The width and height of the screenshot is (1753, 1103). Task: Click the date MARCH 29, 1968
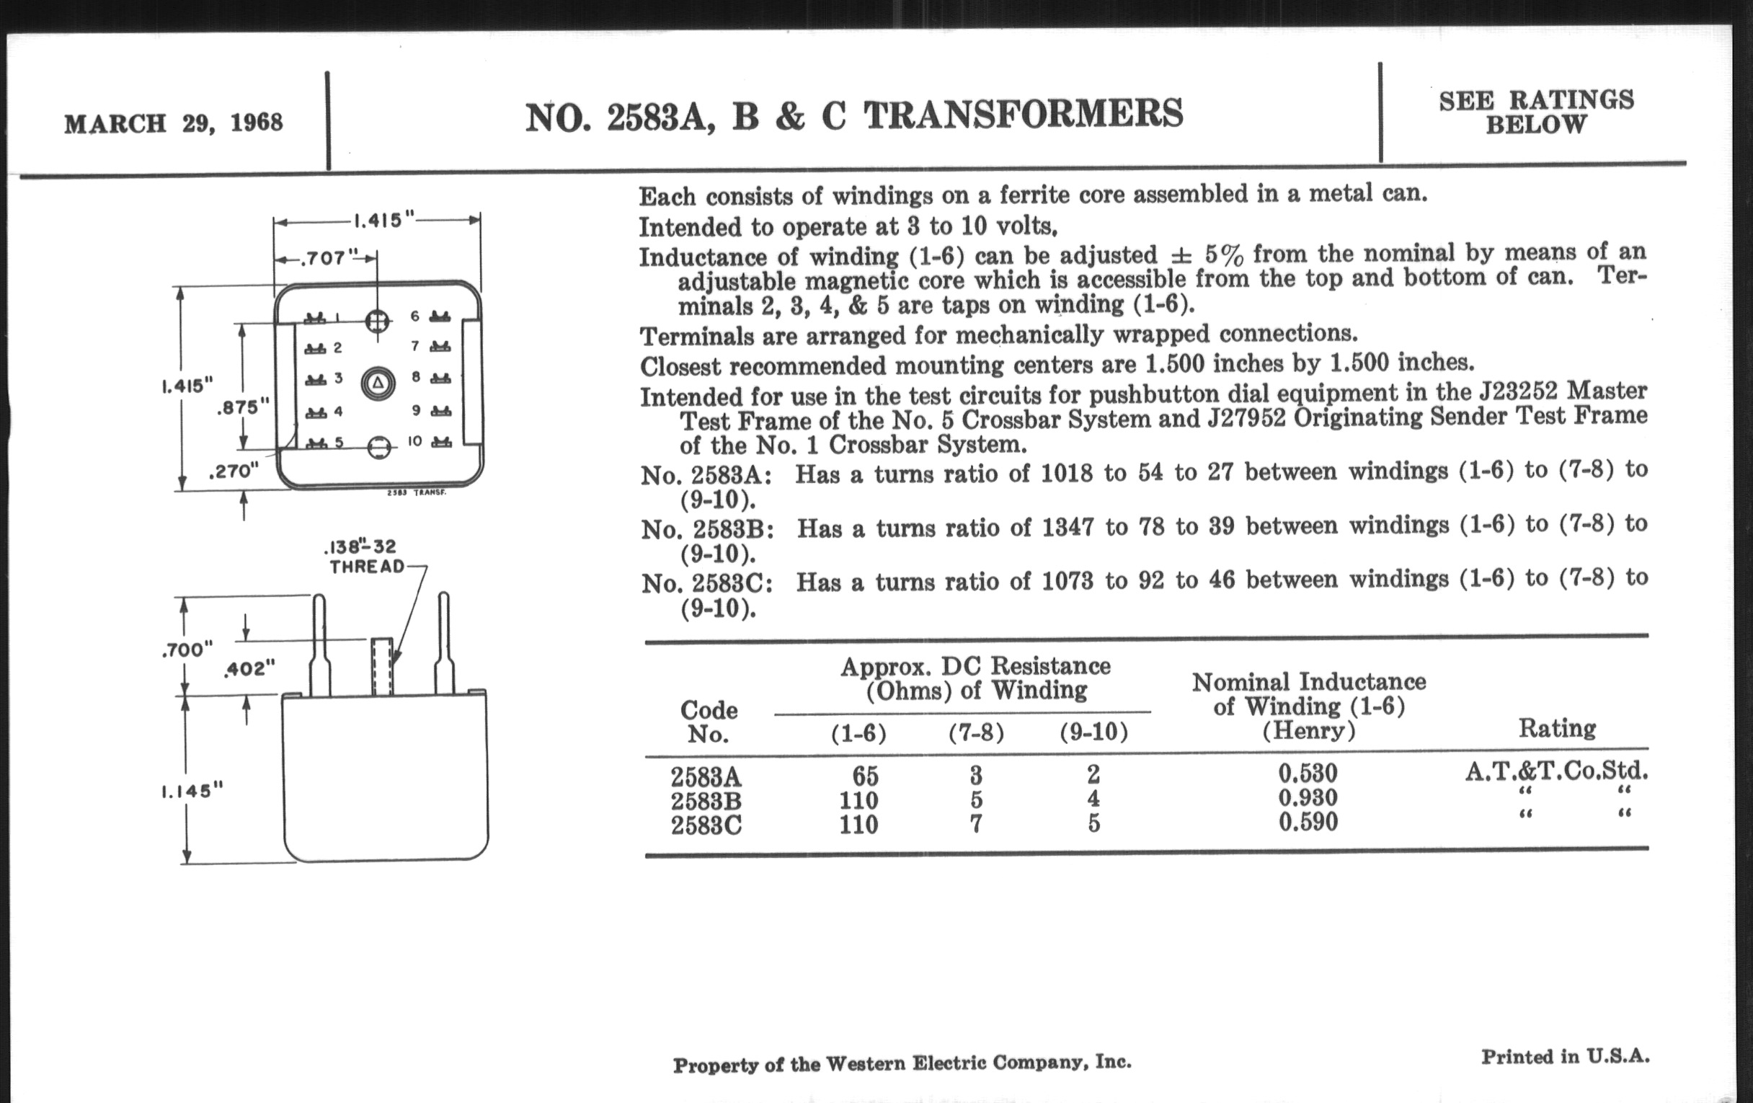173,123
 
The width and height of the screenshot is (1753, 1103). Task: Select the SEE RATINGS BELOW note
1536,112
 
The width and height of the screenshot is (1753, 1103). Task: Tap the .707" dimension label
324,258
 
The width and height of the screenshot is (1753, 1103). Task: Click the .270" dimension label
234,471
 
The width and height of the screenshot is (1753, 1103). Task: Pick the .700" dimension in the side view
187,650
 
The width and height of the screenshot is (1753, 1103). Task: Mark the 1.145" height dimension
192,791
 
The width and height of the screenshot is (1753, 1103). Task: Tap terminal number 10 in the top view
415,441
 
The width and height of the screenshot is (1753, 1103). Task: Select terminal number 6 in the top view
415,316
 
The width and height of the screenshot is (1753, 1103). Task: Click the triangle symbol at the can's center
378,383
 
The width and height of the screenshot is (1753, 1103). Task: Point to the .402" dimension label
249,668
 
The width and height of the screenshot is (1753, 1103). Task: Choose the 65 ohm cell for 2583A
865,776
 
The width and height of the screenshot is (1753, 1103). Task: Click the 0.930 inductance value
1308,798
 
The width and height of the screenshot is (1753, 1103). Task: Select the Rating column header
1556,728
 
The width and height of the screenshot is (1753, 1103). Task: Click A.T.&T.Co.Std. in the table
1555,771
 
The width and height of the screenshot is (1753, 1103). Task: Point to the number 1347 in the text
1068,526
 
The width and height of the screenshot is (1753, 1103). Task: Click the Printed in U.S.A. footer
1565,1057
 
